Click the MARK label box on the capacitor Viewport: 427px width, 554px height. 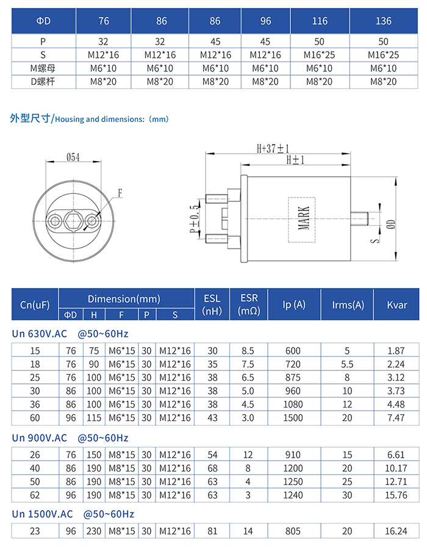303,219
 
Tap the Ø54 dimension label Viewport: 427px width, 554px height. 73,157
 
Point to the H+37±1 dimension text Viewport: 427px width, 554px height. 273,148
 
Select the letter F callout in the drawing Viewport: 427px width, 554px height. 120,193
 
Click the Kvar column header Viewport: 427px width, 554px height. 397,304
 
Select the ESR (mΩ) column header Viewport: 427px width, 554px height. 249,304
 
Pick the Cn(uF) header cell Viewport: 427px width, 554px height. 35,304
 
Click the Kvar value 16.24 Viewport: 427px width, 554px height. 397,531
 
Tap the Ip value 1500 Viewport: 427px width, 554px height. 293,418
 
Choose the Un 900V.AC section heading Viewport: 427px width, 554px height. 40,438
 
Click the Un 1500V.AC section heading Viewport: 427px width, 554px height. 42,514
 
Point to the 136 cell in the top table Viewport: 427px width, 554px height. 384,21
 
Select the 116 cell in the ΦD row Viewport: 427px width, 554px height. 320,21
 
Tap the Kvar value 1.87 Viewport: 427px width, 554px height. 397,351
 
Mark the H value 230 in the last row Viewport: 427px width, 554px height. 94,531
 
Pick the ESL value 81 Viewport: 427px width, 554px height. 212,531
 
